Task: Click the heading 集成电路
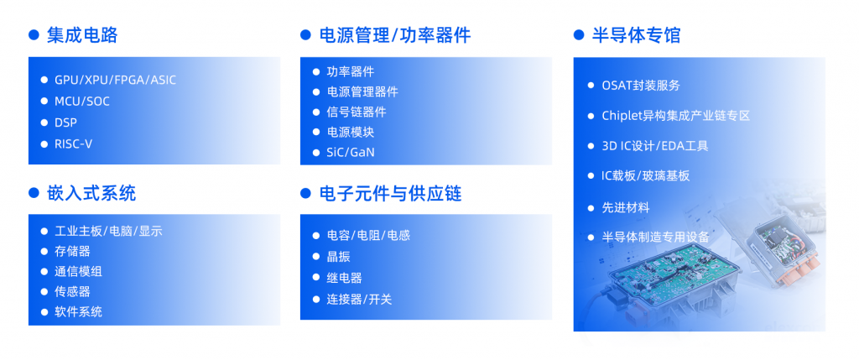click(82, 35)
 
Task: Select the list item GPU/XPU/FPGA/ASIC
click(115, 80)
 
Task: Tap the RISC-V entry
click(74, 144)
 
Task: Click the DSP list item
click(65, 123)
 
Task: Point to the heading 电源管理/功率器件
click(395, 35)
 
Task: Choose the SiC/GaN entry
click(351, 153)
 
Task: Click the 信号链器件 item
click(357, 112)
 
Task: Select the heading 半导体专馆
click(637, 35)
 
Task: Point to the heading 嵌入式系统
click(91, 193)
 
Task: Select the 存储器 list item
click(72, 252)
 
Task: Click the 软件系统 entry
click(78, 312)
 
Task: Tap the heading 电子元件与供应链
click(391, 193)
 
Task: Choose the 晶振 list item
click(339, 257)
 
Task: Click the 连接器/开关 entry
click(359, 300)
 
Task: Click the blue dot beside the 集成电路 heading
click(34, 35)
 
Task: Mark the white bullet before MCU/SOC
click(44, 102)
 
